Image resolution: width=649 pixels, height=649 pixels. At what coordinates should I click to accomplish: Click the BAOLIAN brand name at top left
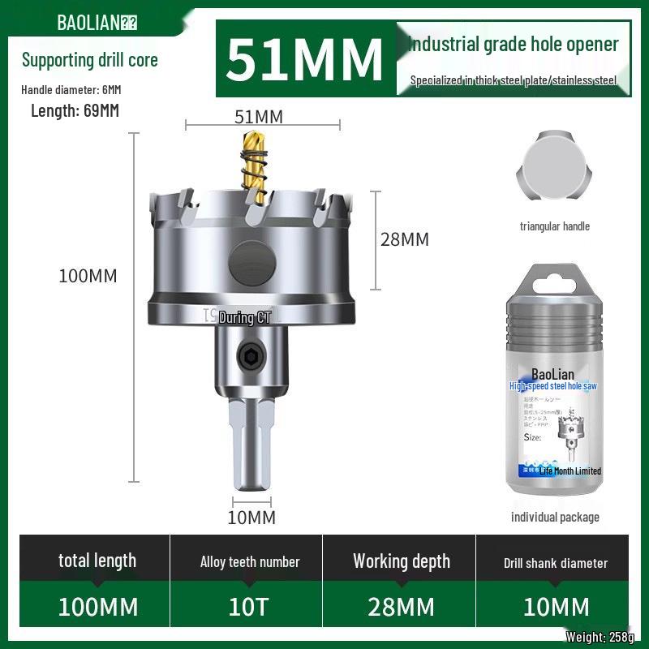coord(88,22)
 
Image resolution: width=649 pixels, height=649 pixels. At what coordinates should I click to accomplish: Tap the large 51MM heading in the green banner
coord(304,58)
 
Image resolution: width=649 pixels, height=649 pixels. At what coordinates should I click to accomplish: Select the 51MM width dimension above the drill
coord(259,117)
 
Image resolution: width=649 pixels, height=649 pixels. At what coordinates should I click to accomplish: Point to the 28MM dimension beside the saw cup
coord(405,239)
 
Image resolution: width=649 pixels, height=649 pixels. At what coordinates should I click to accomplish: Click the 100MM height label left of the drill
coord(88,276)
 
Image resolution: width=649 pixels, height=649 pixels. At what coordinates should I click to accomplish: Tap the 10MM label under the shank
coord(251,518)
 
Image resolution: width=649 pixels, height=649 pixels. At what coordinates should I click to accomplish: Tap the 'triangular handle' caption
coord(555,226)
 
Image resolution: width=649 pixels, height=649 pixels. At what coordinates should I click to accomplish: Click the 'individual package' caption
coord(555,517)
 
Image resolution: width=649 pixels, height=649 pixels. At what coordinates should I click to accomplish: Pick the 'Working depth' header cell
coord(402,561)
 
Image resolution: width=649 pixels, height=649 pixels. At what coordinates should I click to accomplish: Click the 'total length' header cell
coord(97,561)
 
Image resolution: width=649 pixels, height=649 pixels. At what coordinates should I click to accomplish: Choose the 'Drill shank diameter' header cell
coord(555,562)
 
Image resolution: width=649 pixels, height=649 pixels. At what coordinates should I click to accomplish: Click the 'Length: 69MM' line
coord(75,111)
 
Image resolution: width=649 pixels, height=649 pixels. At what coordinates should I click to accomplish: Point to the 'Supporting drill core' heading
coord(89,60)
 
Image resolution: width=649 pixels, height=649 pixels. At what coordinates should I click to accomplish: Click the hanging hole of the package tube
coord(555,279)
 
